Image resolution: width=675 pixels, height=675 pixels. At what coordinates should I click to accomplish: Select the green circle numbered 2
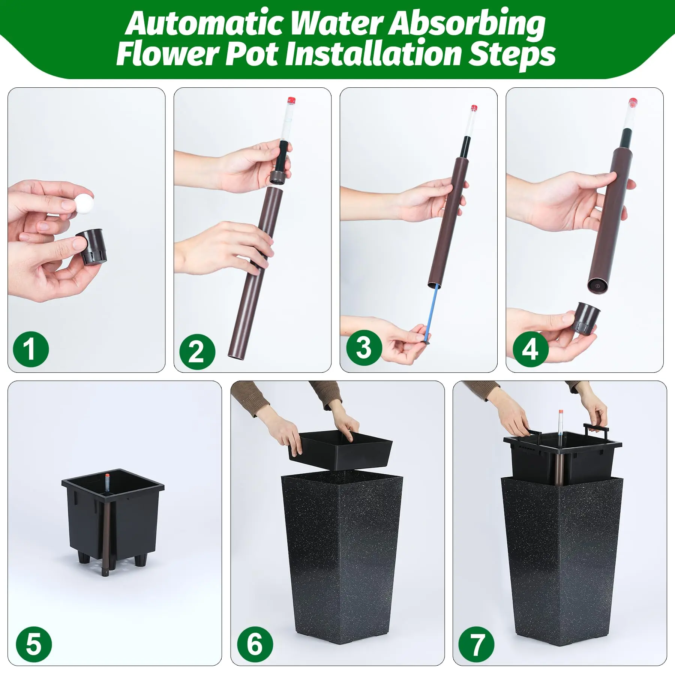pyautogui.click(x=197, y=352)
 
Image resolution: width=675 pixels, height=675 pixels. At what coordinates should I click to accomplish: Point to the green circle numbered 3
pyautogui.click(x=364, y=348)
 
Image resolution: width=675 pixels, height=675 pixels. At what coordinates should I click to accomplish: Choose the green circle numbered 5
pyautogui.click(x=34, y=644)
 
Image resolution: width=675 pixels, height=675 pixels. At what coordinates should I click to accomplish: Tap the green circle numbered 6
pyautogui.click(x=255, y=644)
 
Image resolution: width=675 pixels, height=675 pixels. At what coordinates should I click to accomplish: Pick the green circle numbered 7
pyautogui.click(x=477, y=644)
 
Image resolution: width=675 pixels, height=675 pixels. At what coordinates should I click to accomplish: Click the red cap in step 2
pyautogui.click(x=291, y=100)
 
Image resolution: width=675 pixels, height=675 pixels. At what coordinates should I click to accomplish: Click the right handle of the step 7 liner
pyautogui.click(x=596, y=431)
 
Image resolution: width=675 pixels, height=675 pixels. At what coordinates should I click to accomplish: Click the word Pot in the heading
pyautogui.click(x=252, y=55)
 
